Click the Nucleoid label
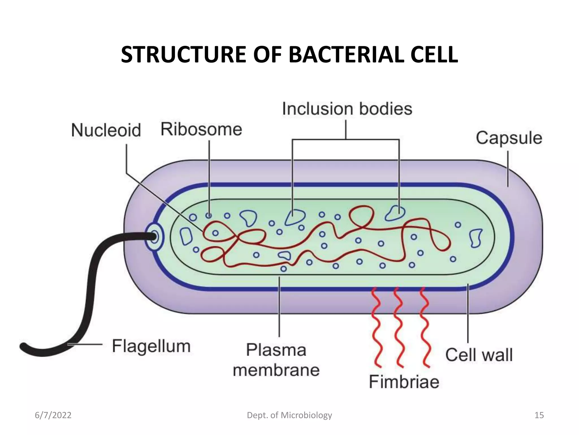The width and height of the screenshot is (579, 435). coord(106,130)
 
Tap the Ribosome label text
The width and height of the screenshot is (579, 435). coord(201,129)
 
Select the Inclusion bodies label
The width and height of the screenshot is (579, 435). coord(347,109)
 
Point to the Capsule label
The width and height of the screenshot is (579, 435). coord(509,138)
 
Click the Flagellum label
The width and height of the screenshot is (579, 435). coord(151,346)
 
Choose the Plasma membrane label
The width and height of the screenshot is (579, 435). coord(276,360)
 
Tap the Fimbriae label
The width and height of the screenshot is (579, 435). coord(404,381)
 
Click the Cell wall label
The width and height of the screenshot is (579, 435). coord(479,355)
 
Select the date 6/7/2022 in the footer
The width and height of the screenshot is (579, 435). coord(53,415)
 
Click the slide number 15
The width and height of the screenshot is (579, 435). coord(539,415)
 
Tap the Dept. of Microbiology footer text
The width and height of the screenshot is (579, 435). coord(289,415)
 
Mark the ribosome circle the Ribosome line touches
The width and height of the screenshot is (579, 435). coord(209,216)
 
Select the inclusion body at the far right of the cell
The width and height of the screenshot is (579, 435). coord(476,238)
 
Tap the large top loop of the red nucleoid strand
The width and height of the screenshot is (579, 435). coord(361,217)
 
